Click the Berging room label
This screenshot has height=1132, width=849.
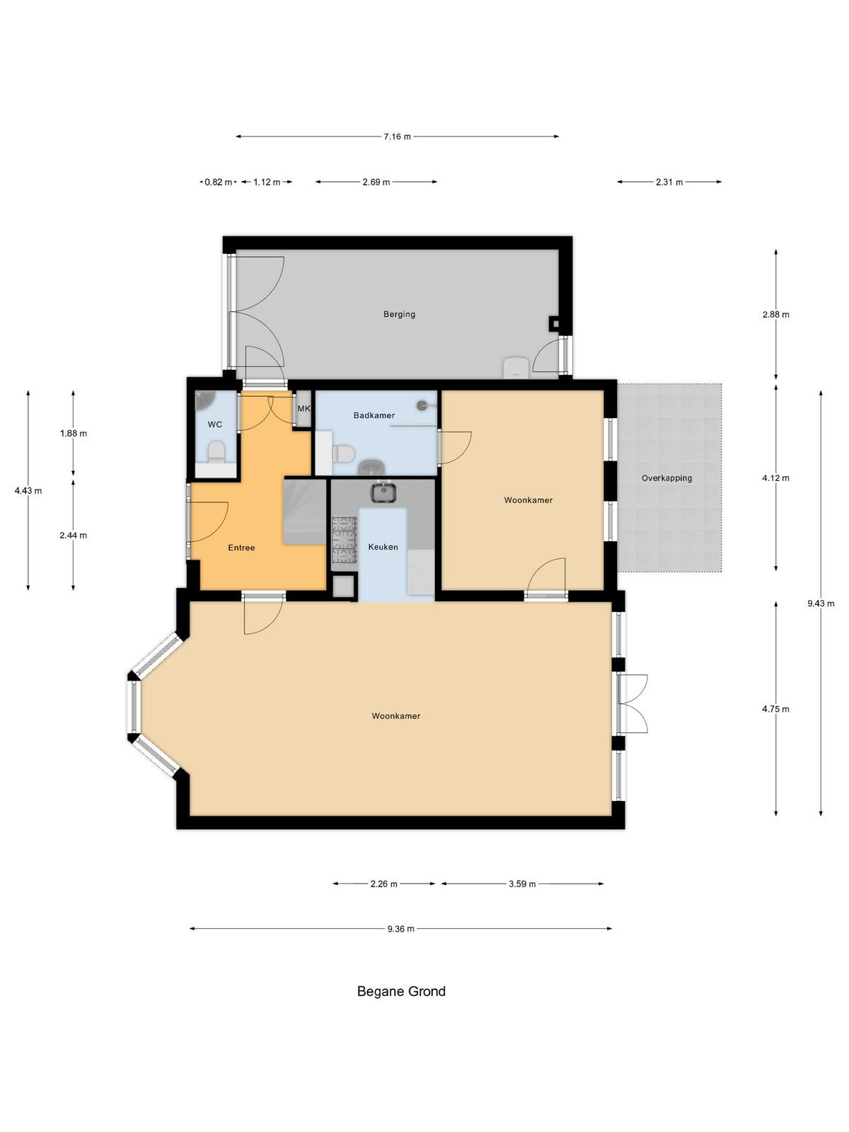(399, 314)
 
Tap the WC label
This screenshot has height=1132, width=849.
(215, 424)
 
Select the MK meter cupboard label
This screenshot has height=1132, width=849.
(304, 408)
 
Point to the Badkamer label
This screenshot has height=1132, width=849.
(374, 415)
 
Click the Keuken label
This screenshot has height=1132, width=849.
(383, 547)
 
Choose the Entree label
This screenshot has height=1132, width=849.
(241, 548)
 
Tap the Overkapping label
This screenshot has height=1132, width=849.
(666, 478)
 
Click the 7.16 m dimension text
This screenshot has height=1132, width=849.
(397, 137)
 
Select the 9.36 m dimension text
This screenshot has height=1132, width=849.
(400, 929)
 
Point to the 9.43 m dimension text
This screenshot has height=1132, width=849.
(821, 604)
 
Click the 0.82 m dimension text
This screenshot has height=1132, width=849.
(219, 182)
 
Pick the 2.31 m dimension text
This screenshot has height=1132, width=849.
(669, 182)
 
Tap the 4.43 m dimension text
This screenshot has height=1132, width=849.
(28, 491)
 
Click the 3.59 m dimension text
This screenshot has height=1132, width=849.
(522, 884)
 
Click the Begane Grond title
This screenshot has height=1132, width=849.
(401, 992)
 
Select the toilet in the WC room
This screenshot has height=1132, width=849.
(216, 452)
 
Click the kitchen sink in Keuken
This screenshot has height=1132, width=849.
(383, 492)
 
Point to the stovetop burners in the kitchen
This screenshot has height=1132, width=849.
(344, 540)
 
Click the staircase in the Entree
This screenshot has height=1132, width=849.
(305, 512)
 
